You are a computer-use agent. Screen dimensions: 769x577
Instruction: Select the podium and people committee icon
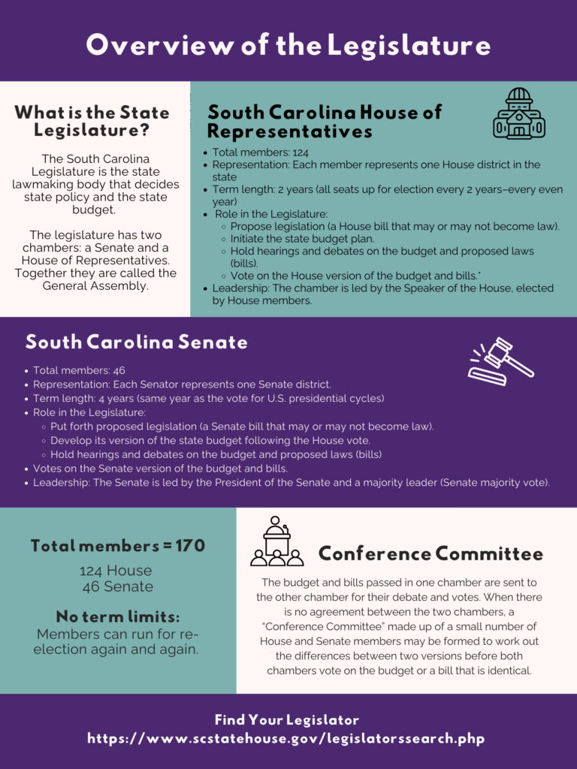pos(276,541)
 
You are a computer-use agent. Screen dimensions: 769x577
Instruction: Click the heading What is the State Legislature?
pos(92,121)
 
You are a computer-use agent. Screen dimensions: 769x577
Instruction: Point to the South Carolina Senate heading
pos(136,342)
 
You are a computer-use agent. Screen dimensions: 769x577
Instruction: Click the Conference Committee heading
pos(430,554)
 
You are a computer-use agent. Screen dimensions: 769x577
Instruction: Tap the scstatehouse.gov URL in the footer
pos(286,738)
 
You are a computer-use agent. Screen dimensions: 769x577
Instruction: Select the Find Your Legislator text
pos(286,719)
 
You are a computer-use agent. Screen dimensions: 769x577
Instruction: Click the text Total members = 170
pos(118,546)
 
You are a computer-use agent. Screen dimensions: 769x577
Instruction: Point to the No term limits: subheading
pos(118,617)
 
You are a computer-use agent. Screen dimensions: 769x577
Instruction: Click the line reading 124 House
pos(116,571)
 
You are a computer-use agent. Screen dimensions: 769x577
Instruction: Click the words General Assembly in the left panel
pos(95,285)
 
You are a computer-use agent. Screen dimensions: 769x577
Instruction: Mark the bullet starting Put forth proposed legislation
pos(242,427)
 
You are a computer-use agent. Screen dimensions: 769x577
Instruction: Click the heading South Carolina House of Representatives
pos(325,122)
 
